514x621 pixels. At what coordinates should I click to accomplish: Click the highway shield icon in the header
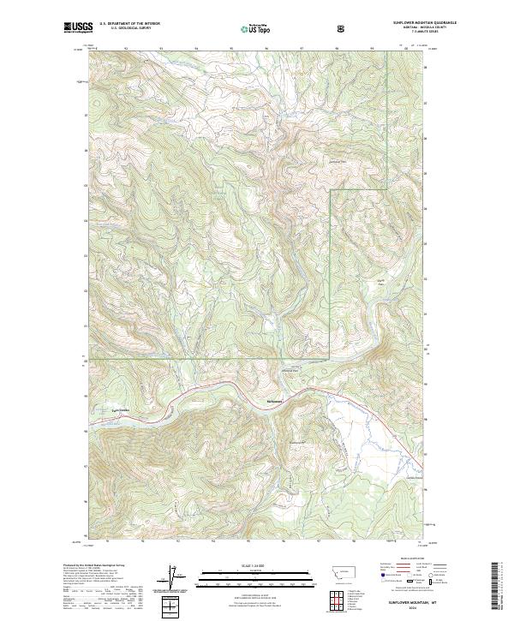342,28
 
